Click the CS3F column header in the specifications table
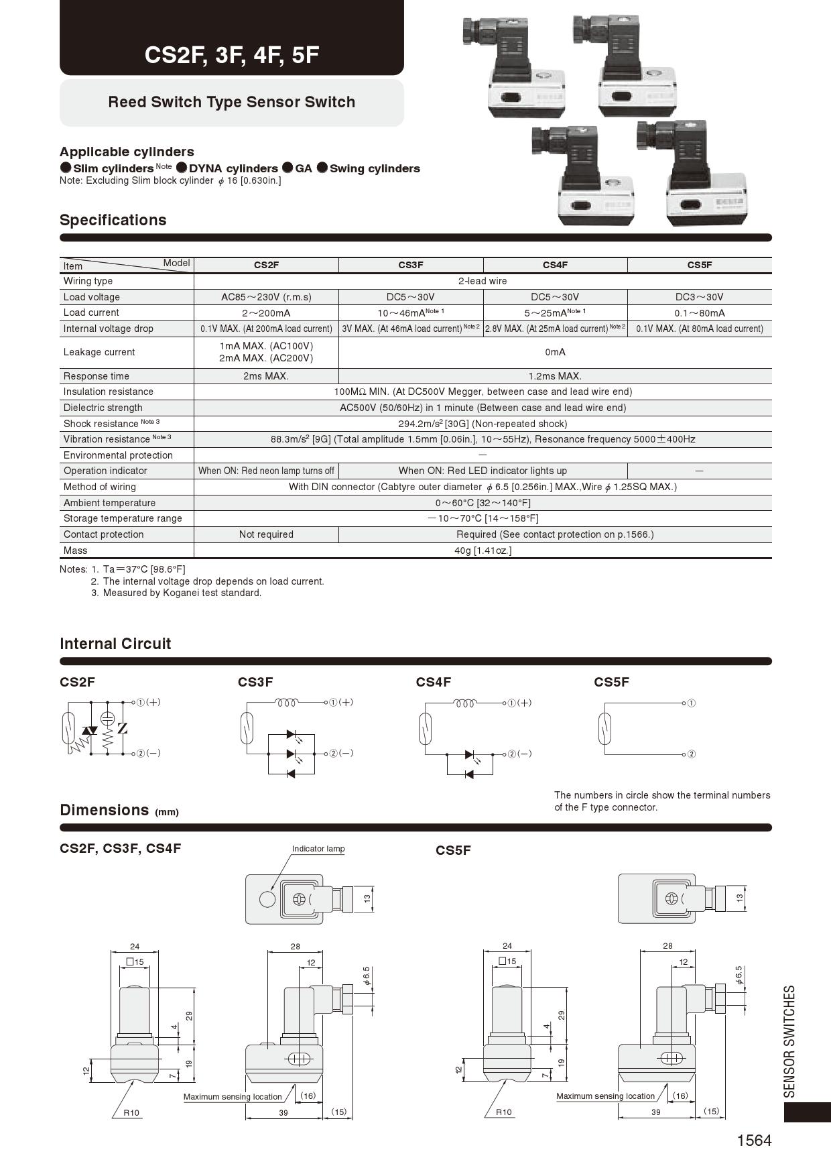point(410,265)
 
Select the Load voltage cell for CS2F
point(266,297)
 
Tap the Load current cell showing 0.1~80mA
point(699,313)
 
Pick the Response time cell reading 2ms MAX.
point(266,376)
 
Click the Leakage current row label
point(99,352)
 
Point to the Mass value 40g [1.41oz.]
point(483,550)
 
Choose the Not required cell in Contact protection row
point(266,534)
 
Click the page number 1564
point(754,1140)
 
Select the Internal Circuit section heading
point(115,644)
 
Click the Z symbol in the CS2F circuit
point(123,728)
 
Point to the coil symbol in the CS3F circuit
point(287,703)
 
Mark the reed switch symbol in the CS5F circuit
point(604,728)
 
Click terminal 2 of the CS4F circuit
point(512,754)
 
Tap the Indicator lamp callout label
point(318,849)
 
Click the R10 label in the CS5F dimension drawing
point(503,1112)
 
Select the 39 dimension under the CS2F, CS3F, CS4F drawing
point(283,1112)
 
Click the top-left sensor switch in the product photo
point(513,67)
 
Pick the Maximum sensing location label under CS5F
point(605,1096)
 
